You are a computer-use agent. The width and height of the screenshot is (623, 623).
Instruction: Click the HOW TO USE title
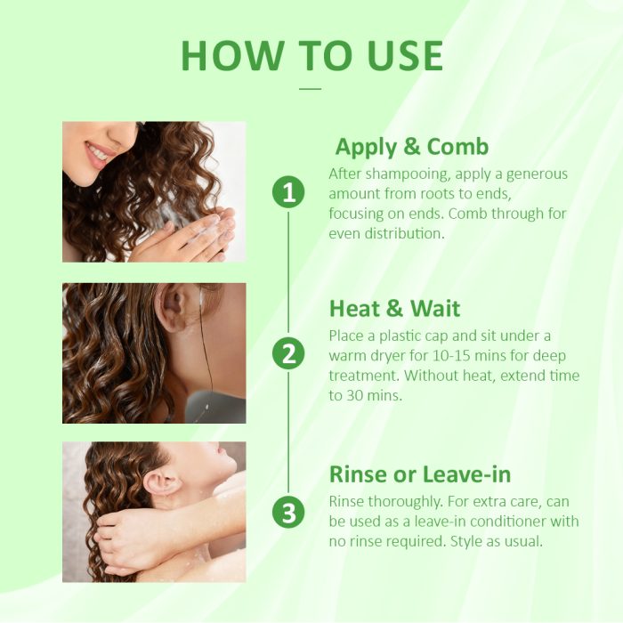click(x=311, y=55)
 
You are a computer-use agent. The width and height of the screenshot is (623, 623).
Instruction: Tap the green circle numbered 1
click(x=288, y=191)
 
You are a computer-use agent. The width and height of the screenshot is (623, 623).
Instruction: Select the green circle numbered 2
click(x=288, y=353)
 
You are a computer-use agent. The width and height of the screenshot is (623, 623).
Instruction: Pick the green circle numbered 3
click(x=288, y=513)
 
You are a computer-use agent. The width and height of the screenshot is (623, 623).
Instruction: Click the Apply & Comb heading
click(x=412, y=146)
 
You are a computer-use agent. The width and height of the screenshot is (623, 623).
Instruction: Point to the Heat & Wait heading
click(x=394, y=308)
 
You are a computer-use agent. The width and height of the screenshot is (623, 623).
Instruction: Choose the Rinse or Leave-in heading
click(x=420, y=473)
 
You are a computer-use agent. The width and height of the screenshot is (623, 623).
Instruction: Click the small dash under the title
click(x=310, y=88)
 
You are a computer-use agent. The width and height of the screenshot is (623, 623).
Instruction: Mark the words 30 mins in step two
click(x=375, y=395)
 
